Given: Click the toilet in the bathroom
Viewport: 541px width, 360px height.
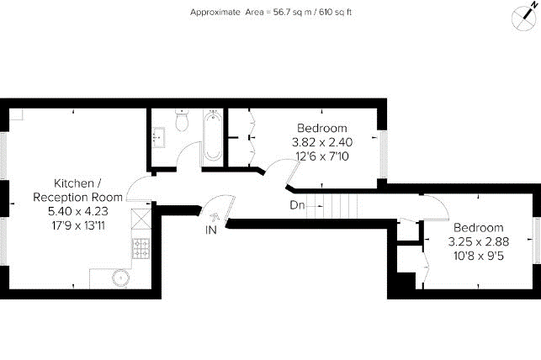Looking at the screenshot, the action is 182,120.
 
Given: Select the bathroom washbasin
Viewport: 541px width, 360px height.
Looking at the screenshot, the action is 158,137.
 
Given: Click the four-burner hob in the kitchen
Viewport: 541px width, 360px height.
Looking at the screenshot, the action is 141,248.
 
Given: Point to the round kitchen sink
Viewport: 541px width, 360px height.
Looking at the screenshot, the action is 120,278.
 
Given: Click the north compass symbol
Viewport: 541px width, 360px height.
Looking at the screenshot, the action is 524,17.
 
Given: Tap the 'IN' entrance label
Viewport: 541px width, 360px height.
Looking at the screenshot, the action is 211,230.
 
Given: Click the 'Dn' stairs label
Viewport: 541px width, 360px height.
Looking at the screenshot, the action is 297,205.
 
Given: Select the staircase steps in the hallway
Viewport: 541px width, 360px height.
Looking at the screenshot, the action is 331,205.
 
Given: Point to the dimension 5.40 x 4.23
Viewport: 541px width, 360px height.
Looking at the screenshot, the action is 78,211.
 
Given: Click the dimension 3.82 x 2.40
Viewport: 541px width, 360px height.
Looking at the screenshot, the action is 322,142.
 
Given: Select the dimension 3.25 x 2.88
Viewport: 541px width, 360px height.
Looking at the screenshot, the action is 479,241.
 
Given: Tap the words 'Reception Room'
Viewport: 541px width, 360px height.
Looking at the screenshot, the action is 78,197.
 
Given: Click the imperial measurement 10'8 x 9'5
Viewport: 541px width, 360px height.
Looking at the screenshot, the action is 479,257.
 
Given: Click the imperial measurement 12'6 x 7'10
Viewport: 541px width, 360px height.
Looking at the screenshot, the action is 322,156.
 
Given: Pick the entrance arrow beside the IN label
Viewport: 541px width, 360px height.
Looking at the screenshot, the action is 215,216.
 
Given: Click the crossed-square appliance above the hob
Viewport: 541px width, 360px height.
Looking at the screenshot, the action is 141,220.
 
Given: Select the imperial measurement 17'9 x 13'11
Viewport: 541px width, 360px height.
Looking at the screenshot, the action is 78,226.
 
